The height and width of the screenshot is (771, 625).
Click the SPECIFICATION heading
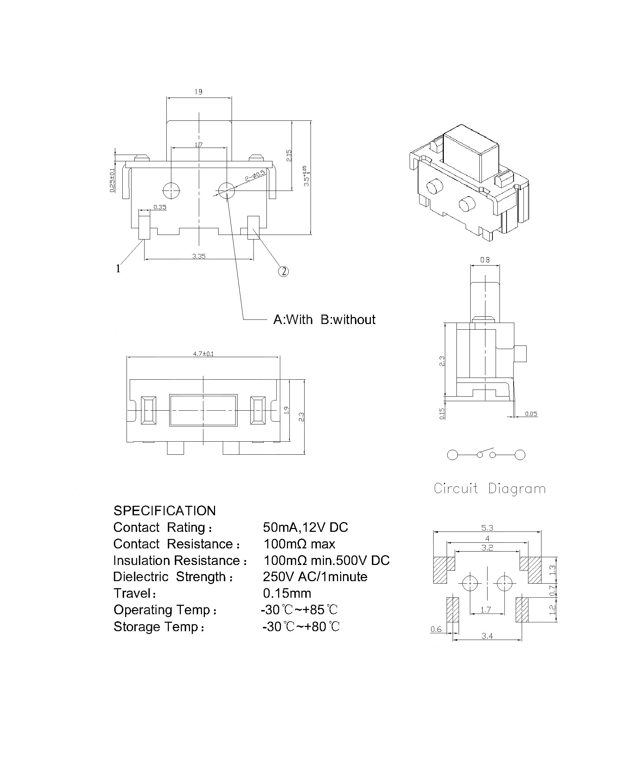tap(165, 510)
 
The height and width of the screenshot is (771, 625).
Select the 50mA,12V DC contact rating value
tap(305, 527)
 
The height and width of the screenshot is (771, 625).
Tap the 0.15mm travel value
tap(287, 593)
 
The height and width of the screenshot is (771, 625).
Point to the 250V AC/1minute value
tap(315, 577)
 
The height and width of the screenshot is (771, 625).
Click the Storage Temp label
tap(159, 627)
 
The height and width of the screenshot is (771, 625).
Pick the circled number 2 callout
tap(283, 271)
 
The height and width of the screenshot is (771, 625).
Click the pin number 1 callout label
tap(118, 268)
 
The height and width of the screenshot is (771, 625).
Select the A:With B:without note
tap(324, 319)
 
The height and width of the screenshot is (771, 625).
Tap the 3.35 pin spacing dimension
tap(199, 256)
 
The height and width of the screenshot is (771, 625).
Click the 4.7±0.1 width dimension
tap(203, 354)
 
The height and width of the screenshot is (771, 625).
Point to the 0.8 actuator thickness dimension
tap(485, 260)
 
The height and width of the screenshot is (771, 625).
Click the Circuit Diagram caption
tap(490, 489)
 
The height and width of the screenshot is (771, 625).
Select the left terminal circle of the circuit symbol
tap(453, 455)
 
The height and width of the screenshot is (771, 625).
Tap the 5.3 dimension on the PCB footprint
tap(487, 528)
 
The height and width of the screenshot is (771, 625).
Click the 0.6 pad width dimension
tap(436, 629)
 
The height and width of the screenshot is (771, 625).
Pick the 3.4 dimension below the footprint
tap(487, 636)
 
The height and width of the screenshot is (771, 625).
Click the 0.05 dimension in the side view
tap(531, 414)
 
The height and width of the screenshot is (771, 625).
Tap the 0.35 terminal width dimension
tap(160, 207)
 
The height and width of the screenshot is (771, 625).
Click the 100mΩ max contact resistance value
tap(299, 544)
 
